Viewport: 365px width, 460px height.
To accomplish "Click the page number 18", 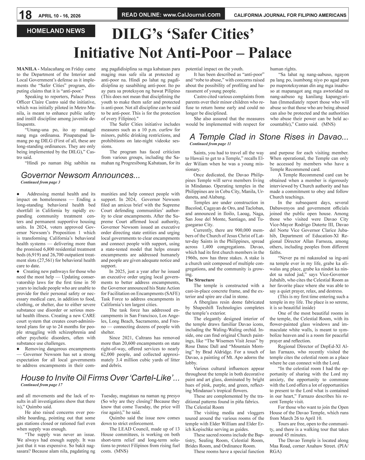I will tap(25, 15).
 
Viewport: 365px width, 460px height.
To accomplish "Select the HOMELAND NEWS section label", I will tap(56, 31).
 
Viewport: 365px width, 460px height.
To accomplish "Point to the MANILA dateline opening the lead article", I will tap(26, 69).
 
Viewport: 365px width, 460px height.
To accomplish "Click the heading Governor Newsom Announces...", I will tap(80, 175).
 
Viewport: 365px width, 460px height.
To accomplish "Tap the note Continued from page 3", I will tap(40, 182).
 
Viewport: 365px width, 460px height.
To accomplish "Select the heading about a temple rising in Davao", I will tap(269, 137).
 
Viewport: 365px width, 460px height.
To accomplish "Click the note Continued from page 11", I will tap(210, 143).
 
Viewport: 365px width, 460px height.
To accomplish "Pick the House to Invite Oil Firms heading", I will tap(100, 378).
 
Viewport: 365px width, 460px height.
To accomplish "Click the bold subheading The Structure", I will tap(200, 280).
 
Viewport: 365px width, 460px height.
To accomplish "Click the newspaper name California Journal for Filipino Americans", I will tap(290, 15).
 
